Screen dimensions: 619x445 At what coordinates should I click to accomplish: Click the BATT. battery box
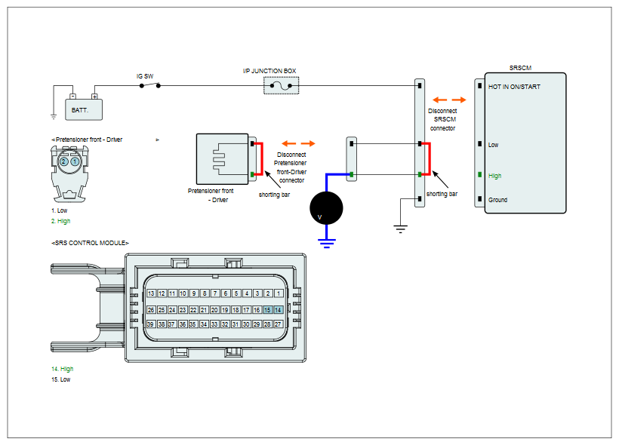pyautogui.click(x=84, y=109)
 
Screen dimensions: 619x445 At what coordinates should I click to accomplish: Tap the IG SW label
pyautogui.click(x=145, y=76)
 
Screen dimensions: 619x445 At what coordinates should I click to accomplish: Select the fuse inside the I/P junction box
pyautogui.click(x=281, y=86)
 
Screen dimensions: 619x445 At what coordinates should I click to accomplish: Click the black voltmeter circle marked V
pyautogui.click(x=326, y=208)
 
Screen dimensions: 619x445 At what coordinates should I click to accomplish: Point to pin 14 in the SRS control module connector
pyautogui.click(x=278, y=310)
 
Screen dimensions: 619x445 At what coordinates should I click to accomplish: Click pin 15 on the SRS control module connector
pyautogui.click(x=267, y=310)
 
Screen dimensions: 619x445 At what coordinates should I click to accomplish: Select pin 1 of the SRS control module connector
pyautogui.click(x=279, y=293)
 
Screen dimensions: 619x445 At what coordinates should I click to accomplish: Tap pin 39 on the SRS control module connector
pyautogui.click(x=150, y=324)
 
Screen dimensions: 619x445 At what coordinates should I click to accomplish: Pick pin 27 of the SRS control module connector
pyautogui.click(x=278, y=324)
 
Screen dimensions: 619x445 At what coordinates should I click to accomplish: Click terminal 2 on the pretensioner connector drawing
pyautogui.click(x=63, y=161)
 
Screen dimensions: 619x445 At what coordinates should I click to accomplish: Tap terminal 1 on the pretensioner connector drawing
pyautogui.click(x=75, y=161)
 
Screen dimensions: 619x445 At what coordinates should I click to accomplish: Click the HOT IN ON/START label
pyautogui.click(x=514, y=87)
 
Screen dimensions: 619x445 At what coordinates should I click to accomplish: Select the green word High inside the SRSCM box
pyautogui.click(x=494, y=176)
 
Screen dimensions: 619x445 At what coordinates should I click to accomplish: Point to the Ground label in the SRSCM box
pyautogui.click(x=497, y=200)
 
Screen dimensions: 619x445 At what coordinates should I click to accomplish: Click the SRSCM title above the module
pyautogui.click(x=520, y=68)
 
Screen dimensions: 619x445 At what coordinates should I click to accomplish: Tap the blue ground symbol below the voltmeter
pyautogui.click(x=326, y=243)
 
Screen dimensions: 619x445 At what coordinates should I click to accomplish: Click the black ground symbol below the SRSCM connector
pyautogui.click(x=400, y=229)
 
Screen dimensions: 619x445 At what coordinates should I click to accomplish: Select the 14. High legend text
pyautogui.click(x=63, y=369)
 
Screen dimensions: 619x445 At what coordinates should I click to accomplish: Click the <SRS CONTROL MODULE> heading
pyautogui.click(x=90, y=243)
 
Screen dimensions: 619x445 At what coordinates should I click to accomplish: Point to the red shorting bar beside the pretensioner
pyautogui.click(x=262, y=158)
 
